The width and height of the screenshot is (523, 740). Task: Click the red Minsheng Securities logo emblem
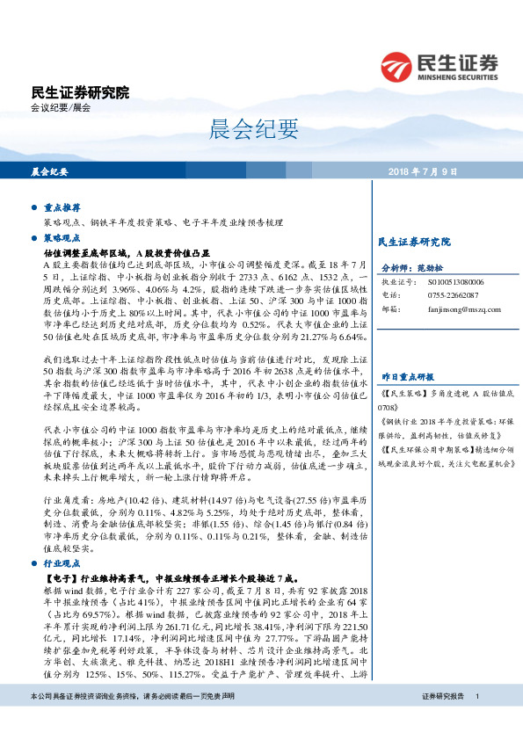pyautogui.click(x=397, y=66)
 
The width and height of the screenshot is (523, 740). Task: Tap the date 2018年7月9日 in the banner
pyautogui.click(x=447, y=170)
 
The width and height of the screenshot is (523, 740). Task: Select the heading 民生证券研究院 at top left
pyautogui.click(x=80, y=91)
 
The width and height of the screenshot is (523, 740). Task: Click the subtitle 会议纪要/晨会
pyautogui.click(x=61, y=108)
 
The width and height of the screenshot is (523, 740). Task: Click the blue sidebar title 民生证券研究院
pyautogui.click(x=412, y=241)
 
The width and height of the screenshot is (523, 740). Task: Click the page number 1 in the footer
pyautogui.click(x=476, y=721)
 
